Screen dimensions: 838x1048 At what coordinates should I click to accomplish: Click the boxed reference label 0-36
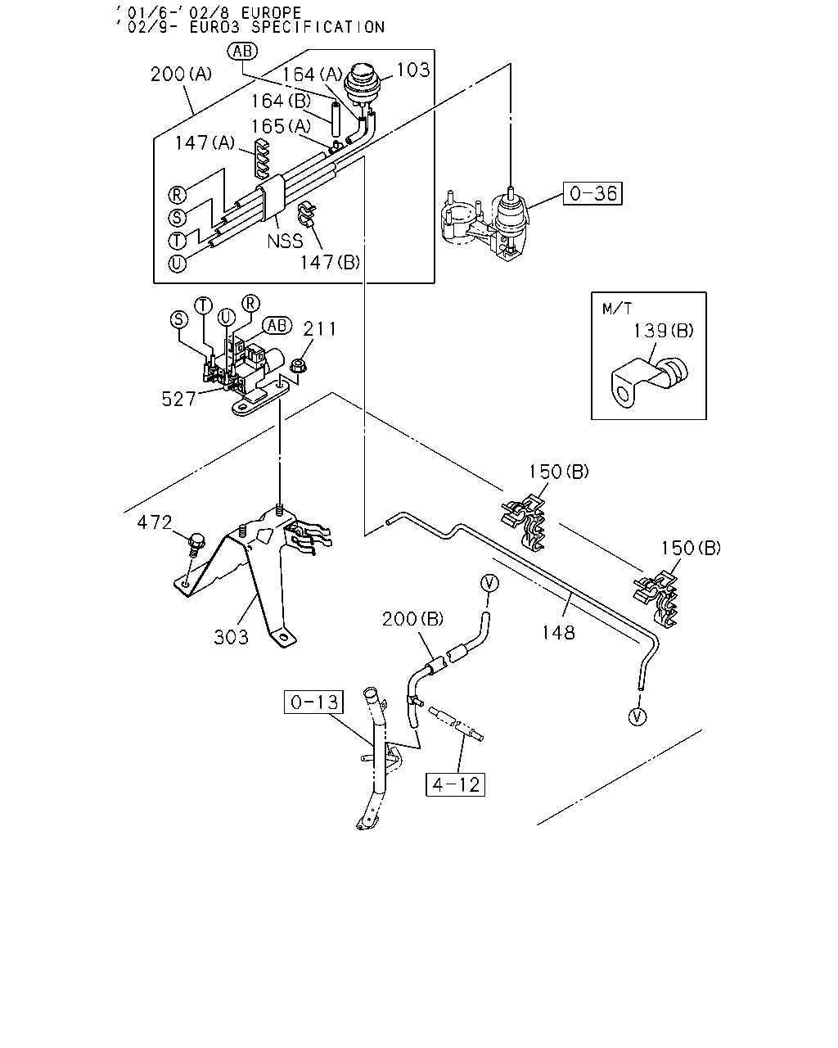tap(592, 193)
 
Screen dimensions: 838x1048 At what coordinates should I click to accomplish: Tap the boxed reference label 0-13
tap(313, 702)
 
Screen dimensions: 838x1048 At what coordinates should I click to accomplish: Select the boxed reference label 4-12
tap(455, 784)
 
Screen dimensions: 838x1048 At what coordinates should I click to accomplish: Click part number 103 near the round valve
tap(413, 70)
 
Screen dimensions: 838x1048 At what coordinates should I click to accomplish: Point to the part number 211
tap(319, 329)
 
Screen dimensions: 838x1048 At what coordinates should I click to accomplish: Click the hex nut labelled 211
tap(298, 365)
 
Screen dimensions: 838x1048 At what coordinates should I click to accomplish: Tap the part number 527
tap(178, 399)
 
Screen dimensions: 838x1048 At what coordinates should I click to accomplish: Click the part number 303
tap(231, 636)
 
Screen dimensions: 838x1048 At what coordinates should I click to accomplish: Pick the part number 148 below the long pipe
tap(558, 633)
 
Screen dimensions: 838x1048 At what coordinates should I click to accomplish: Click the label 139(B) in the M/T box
tap(663, 331)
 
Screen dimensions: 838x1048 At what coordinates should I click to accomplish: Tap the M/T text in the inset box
tap(617, 309)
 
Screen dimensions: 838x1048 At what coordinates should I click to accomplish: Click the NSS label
tap(285, 241)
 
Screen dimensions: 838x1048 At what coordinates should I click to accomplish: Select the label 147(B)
tap(330, 263)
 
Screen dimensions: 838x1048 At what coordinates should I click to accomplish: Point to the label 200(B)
tap(412, 619)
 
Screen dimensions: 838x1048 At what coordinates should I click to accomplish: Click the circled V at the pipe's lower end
tap(638, 716)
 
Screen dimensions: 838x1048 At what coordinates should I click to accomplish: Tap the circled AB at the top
tap(242, 51)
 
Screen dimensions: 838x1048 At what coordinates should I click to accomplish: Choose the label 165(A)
tap(281, 127)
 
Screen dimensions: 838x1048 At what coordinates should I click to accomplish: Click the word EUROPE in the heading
tap(271, 12)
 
